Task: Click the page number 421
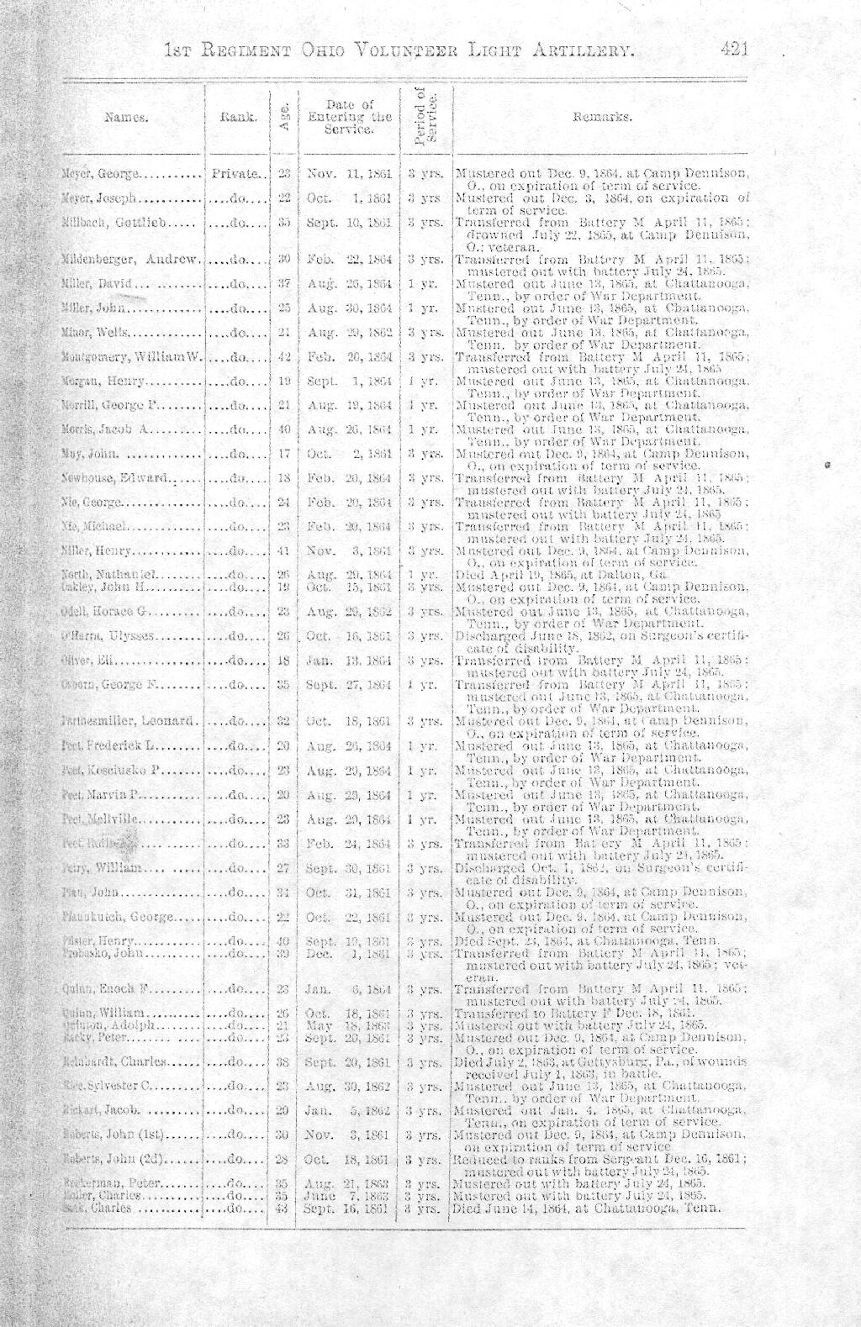734,50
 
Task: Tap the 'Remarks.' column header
600,118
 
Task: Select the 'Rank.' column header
238,118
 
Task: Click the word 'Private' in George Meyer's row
235,176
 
